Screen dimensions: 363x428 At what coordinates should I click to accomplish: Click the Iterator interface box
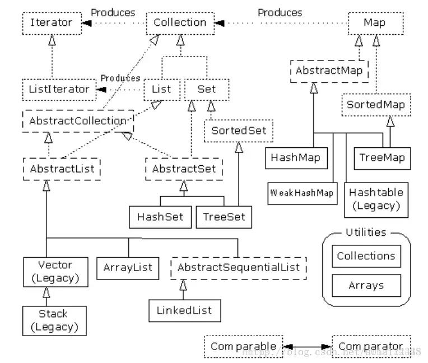coord(51,23)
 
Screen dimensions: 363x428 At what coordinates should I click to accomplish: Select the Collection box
coord(180,23)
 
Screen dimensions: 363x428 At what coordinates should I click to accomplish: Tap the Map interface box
coord(375,23)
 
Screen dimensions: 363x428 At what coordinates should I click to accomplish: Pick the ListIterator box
coord(58,89)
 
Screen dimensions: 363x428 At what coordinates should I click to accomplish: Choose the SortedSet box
coord(239,132)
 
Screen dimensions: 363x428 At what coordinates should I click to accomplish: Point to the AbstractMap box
coord(330,71)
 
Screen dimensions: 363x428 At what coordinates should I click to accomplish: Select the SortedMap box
coord(375,105)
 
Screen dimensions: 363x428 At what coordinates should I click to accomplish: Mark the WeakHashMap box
coord(302,193)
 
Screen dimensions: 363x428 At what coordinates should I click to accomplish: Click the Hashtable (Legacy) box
coord(376,199)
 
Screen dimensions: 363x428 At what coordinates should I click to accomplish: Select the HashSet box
coord(160,217)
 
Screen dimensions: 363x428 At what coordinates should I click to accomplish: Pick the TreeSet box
coord(224,217)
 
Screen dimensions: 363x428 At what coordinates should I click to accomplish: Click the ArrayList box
coord(128,268)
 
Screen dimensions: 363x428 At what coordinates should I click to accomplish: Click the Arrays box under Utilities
coord(366,285)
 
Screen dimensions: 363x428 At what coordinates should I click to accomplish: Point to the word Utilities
coord(366,232)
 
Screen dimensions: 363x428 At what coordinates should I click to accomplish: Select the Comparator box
coord(370,346)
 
